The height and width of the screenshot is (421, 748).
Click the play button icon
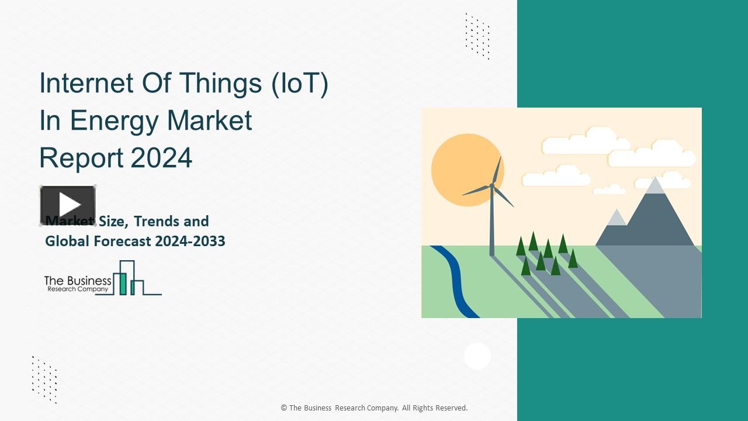pyautogui.click(x=68, y=205)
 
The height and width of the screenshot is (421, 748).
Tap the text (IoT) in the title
pyautogui.click(x=299, y=83)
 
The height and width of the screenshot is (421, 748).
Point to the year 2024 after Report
pyautogui.click(x=161, y=158)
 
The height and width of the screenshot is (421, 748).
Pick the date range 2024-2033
pyautogui.click(x=190, y=240)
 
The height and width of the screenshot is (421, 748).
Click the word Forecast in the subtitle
pyautogui.click(x=121, y=240)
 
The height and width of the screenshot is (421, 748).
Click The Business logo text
pyautogui.click(x=78, y=281)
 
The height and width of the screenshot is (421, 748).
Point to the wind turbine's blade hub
pyautogui.click(x=492, y=185)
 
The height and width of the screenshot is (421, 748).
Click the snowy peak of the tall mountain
pyautogui.click(x=655, y=186)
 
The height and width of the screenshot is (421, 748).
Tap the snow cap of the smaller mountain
pyautogui.click(x=616, y=218)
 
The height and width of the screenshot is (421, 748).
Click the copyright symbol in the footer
pyautogui.click(x=284, y=408)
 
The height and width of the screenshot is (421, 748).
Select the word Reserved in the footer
pyautogui.click(x=451, y=408)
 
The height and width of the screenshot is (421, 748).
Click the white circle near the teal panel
pyautogui.click(x=477, y=356)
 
